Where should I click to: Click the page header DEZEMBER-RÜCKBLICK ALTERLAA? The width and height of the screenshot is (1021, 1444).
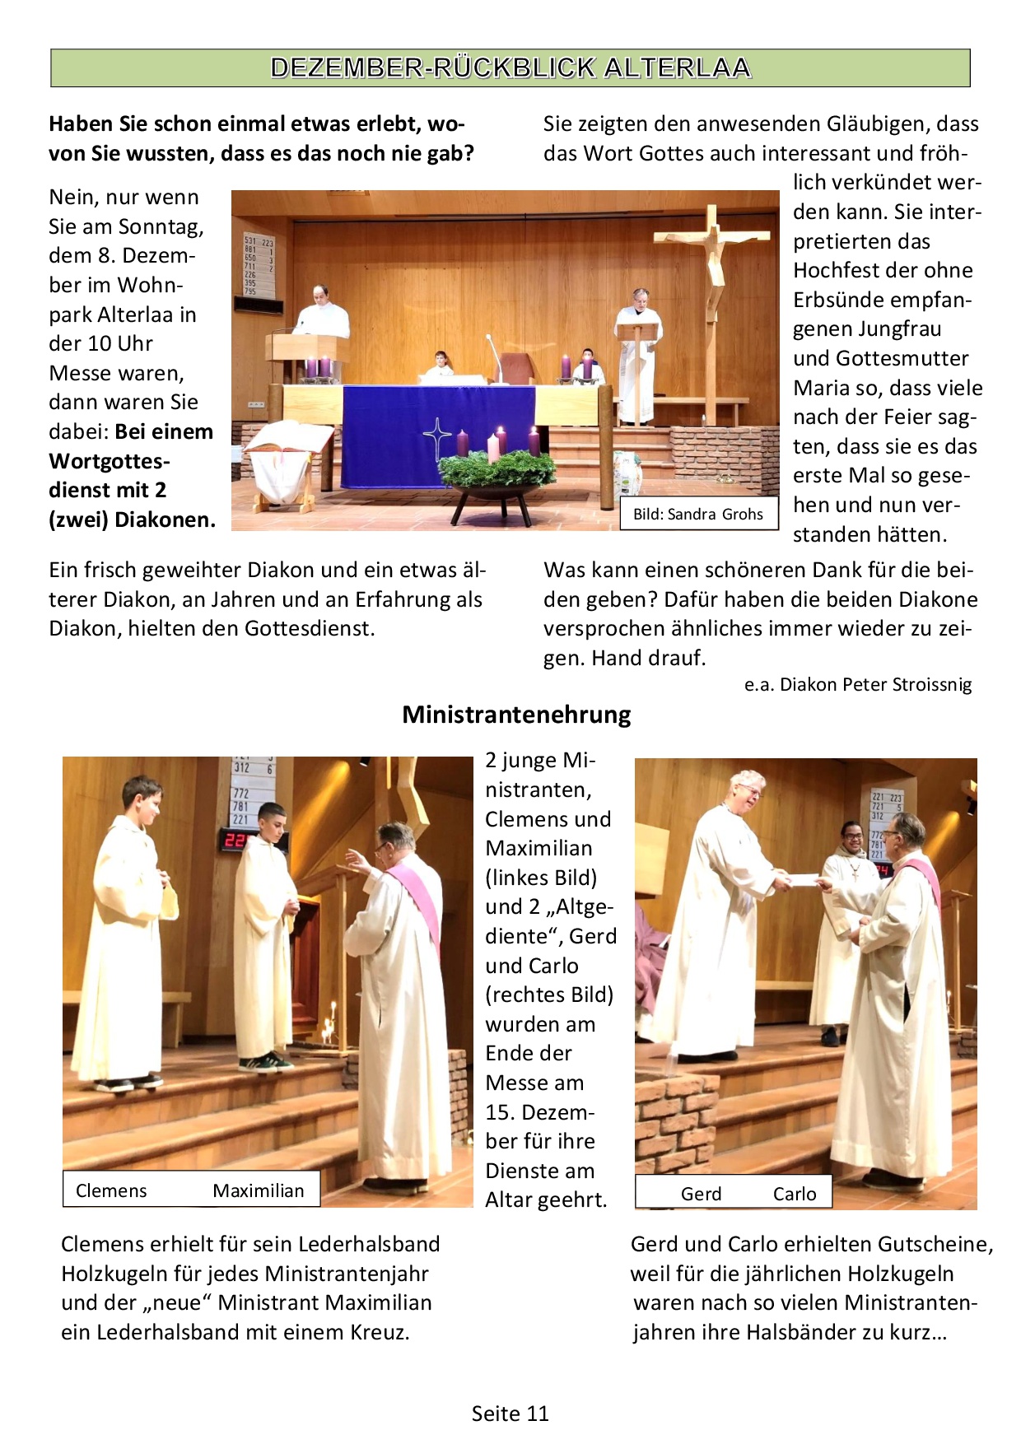pos(510,68)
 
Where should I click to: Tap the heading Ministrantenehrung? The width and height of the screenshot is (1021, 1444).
pos(516,715)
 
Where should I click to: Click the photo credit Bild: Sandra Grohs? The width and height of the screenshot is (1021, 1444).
pos(697,515)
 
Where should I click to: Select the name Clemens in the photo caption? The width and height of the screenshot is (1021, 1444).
pos(111,1190)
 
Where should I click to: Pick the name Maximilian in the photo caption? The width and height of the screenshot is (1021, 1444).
pos(258,1190)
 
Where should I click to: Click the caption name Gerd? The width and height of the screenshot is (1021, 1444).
pos(701,1194)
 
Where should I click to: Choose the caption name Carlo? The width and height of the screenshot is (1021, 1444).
pos(795,1194)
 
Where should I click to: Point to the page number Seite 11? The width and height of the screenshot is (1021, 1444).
pos(510,1414)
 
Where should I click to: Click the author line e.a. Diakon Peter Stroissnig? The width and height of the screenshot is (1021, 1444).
pos(858,685)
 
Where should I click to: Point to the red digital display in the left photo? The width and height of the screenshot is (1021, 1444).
pos(235,841)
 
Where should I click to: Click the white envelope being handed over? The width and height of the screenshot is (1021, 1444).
pos(803,879)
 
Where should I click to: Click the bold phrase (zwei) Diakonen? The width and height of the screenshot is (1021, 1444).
pos(132,520)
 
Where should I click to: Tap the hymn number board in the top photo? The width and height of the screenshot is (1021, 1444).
pos(259,265)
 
